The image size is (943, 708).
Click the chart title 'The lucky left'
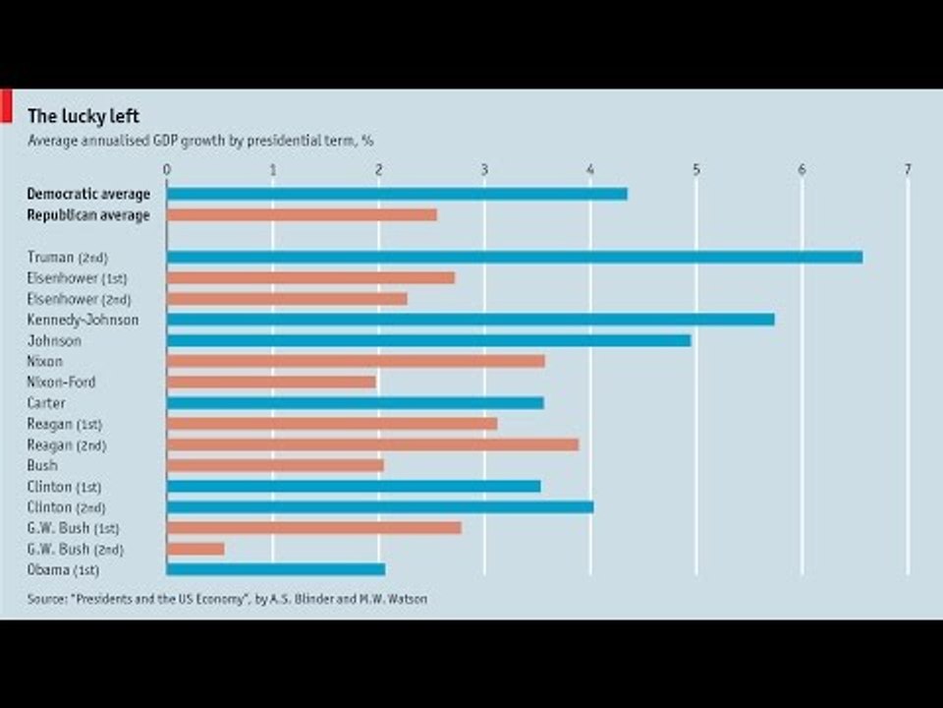(83, 116)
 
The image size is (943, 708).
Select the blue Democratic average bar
(397, 194)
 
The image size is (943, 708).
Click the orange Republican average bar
(302, 214)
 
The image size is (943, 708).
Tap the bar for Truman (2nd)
(515, 257)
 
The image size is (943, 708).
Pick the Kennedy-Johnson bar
(471, 320)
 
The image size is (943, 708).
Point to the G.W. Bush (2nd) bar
(195, 549)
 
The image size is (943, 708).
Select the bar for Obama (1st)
(276, 569)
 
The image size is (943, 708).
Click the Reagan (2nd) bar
(372, 444)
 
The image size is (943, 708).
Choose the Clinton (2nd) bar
(380, 506)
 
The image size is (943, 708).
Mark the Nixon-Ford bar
(271, 382)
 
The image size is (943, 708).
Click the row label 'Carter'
(46, 403)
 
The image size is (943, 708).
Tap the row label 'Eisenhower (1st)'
(78, 278)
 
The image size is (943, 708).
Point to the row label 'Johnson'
(54, 340)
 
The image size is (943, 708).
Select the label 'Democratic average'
(88, 194)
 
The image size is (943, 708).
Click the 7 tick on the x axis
(908, 169)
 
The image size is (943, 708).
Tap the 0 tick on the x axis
(167, 169)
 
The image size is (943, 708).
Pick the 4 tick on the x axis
(590, 169)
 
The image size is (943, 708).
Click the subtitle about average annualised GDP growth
(200, 140)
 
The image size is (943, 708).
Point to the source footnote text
(227, 598)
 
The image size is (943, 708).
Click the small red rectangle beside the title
(5, 107)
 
